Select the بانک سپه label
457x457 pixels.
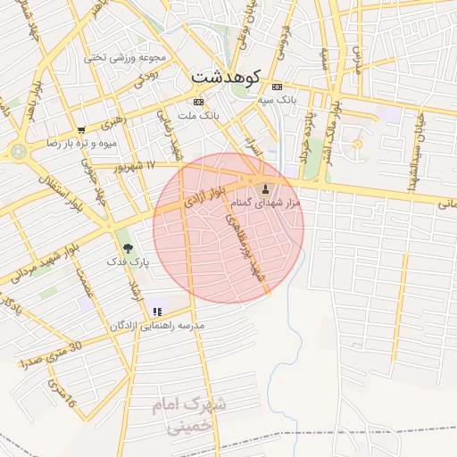coord(278,101)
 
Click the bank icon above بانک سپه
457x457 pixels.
coord(277,87)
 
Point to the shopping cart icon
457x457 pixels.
coord(82,129)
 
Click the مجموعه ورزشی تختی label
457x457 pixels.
coord(125,57)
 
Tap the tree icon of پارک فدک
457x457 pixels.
coord(127,247)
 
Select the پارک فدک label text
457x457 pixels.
coord(124,262)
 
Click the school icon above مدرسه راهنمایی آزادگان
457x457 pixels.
coord(157,312)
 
